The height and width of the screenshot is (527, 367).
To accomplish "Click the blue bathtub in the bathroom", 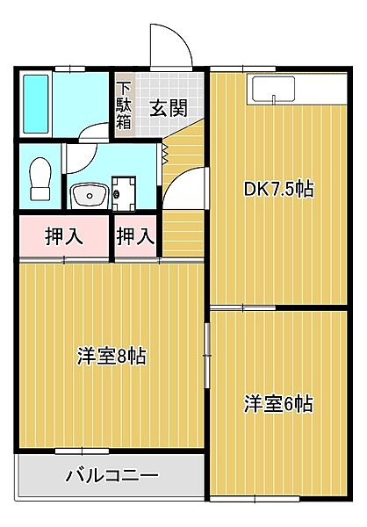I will pyautogui.click(x=38, y=103).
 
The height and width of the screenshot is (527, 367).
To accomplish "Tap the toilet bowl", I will pyautogui.click(x=40, y=180).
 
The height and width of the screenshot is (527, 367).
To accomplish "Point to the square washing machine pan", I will pyautogui.click(x=123, y=191).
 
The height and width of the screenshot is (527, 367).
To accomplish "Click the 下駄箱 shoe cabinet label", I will pyautogui.click(x=125, y=105).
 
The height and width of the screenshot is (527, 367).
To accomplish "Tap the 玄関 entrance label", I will pyautogui.click(x=167, y=108).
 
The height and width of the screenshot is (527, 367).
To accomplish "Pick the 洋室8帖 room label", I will pyautogui.click(x=111, y=356).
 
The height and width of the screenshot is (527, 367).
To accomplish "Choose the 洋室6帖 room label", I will pyautogui.click(x=278, y=404).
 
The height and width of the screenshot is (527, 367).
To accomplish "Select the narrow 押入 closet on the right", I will pyautogui.click(x=136, y=236).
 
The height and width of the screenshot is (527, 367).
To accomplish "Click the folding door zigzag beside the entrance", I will pyautogui.click(x=166, y=155).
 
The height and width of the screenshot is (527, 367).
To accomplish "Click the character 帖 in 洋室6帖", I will pyautogui.click(x=304, y=404).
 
